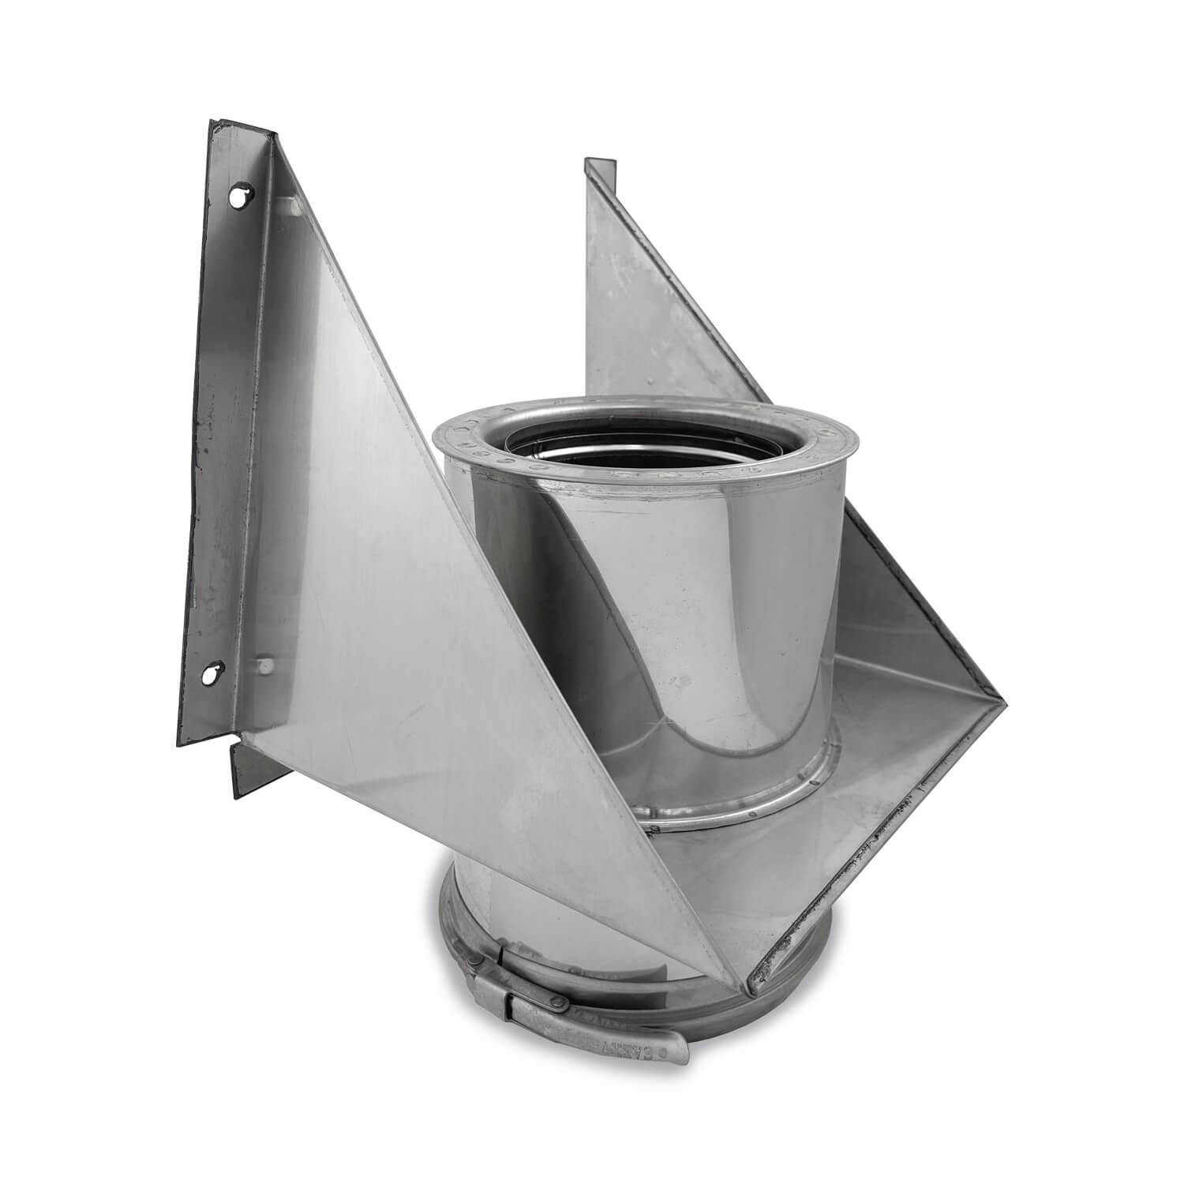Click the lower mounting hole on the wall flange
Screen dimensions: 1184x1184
[x=209, y=675]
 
